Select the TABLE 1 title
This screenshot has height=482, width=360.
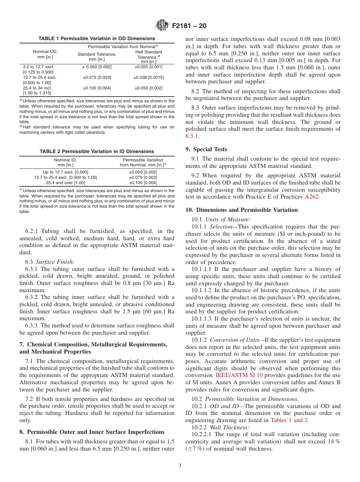click(97, 39)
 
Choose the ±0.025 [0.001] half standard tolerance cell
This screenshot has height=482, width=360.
click(148, 67)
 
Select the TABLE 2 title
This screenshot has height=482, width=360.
click(97, 152)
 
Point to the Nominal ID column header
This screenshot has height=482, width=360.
click(65, 162)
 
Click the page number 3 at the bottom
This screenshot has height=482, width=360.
click(180, 466)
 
